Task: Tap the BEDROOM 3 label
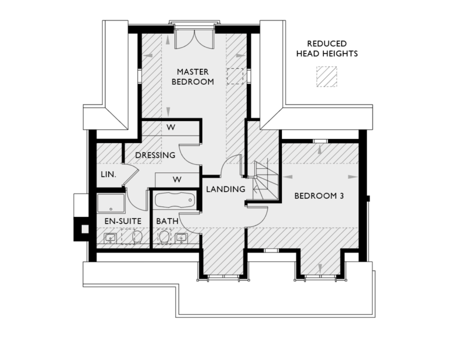(319, 196)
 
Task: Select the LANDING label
(225, 189)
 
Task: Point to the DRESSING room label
(155, 155)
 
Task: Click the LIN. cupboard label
(108, 175)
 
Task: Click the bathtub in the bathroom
(174, 200)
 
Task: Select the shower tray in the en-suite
(110, 203)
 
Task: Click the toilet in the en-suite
(138, 237)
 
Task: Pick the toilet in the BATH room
(164, 237)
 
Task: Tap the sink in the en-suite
(109, 237)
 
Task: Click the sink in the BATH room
(181, 237)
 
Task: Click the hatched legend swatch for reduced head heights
(327, 77)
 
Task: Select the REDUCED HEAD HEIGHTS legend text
(327, 49)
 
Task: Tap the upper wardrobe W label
(171, 127)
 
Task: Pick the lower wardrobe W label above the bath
(177, 178)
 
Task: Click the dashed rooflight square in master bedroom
(235, 77)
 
